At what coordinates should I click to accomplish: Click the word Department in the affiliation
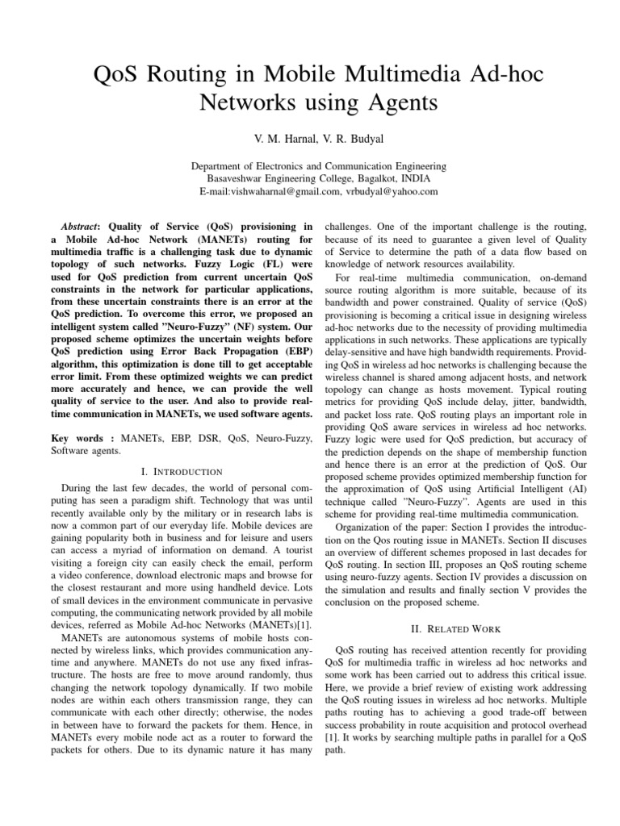coord(219,166)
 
